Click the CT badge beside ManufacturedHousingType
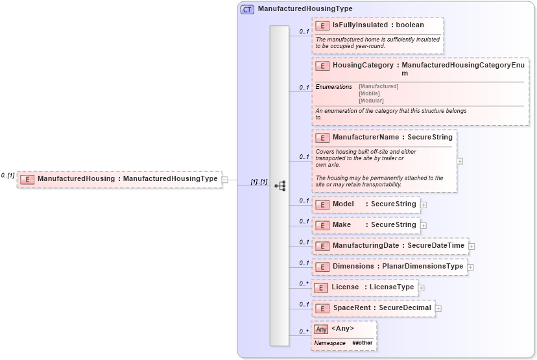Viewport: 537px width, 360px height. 247,10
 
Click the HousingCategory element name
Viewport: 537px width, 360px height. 363,66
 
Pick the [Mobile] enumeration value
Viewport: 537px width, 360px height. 369,93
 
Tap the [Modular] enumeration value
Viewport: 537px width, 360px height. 371,101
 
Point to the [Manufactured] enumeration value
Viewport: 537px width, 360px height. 378,86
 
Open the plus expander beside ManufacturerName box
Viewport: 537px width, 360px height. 460,162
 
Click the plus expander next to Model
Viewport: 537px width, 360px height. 424,204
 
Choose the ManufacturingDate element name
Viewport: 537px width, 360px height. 366,246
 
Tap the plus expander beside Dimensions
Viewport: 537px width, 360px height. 471,267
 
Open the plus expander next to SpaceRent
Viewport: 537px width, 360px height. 438,308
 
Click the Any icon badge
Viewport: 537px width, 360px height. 321,329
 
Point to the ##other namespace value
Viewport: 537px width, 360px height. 363,342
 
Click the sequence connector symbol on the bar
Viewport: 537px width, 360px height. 280,186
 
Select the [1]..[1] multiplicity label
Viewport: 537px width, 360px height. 259,182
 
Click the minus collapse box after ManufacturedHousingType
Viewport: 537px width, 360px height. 224,179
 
